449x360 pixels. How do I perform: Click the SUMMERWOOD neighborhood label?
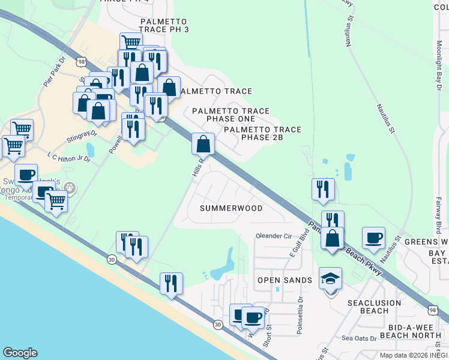[x=231, y=208]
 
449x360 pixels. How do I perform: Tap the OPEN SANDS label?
[x=285, y=280]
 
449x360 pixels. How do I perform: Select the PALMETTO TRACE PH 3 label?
[x=164, y=29]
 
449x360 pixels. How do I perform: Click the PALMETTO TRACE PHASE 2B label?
[x=262, y=133]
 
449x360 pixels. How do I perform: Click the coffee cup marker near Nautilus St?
[x=373, y=238]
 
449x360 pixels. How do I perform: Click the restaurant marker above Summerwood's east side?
[x=323, y=190]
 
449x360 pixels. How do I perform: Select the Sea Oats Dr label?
[x=358, y=338]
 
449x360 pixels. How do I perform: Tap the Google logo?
[x=20, y=353]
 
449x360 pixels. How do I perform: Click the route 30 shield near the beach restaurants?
[x=112, y=259]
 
